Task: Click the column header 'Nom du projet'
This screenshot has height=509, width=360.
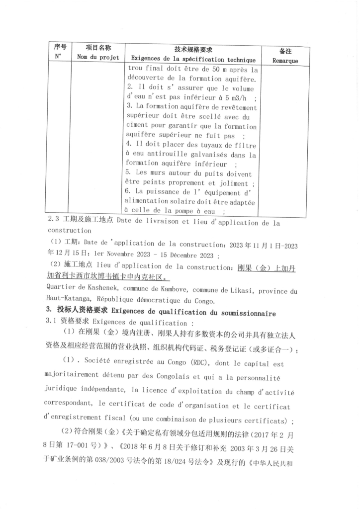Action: [98, 58]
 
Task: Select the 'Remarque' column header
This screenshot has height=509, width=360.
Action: [285, 61]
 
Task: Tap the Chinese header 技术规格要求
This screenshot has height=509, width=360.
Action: [193, 49]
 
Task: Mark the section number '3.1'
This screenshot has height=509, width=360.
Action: [52, 322]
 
